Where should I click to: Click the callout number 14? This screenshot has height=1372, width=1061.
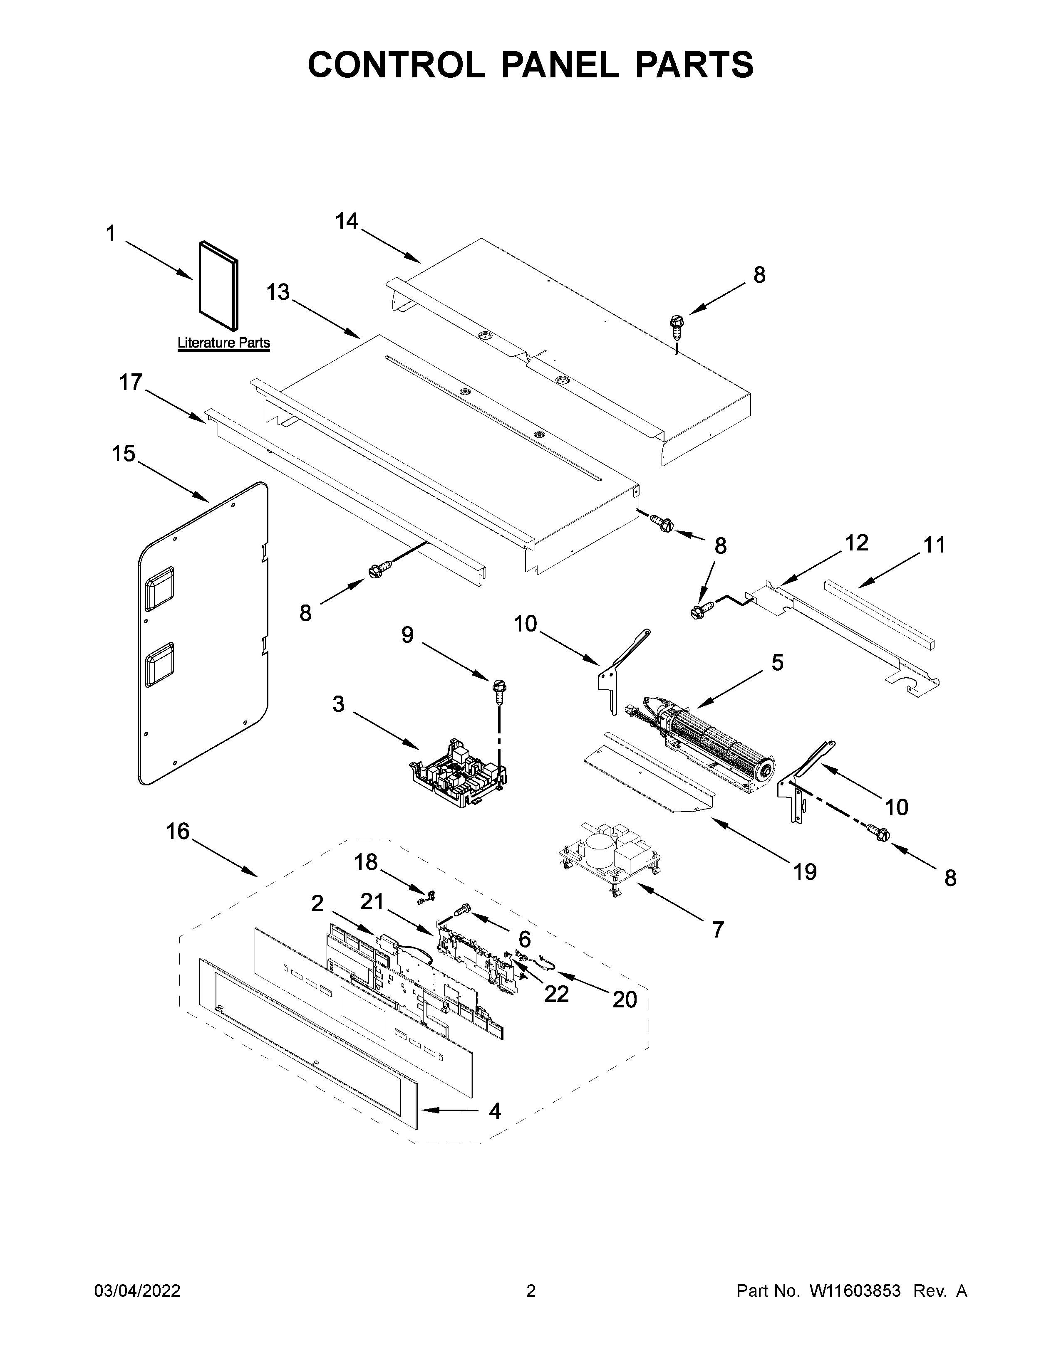pyautogui.click(x=346, y=221)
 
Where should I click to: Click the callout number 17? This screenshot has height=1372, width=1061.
pyautogui.click(x=131, y=382)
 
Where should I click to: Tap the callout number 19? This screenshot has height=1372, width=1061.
pyautogui.click(x=805, y=871)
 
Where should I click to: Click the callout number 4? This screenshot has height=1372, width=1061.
pyautogui.click(x=495, y=1111)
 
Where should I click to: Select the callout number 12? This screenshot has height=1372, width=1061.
pyautogui.click(x=856, y=543)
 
